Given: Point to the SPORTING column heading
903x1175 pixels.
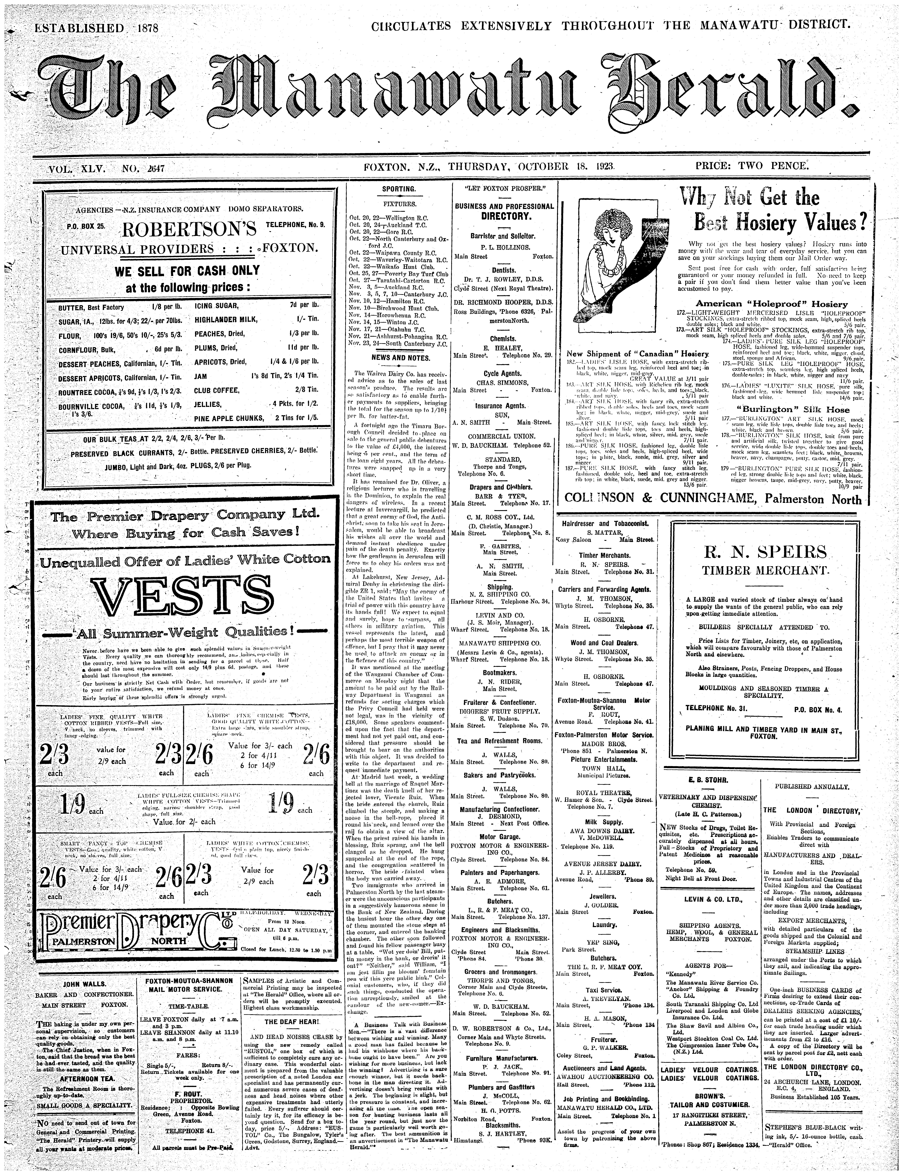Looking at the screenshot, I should [398, 189].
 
